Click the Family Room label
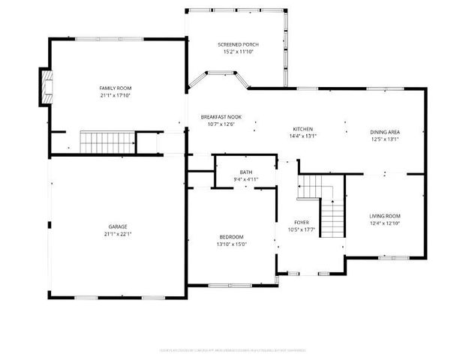coord(115,88)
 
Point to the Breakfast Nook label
coord(221,117)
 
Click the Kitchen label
coord(302,129)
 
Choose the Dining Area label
coord(383,132)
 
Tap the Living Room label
coord(384,216)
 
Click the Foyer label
coord(301,223)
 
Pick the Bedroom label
coord(231,236)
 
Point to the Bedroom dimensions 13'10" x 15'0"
coord(231,244)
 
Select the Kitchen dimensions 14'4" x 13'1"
coord(302,136)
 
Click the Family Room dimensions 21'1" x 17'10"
coord(115,95)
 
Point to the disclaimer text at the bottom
coord(233,349)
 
